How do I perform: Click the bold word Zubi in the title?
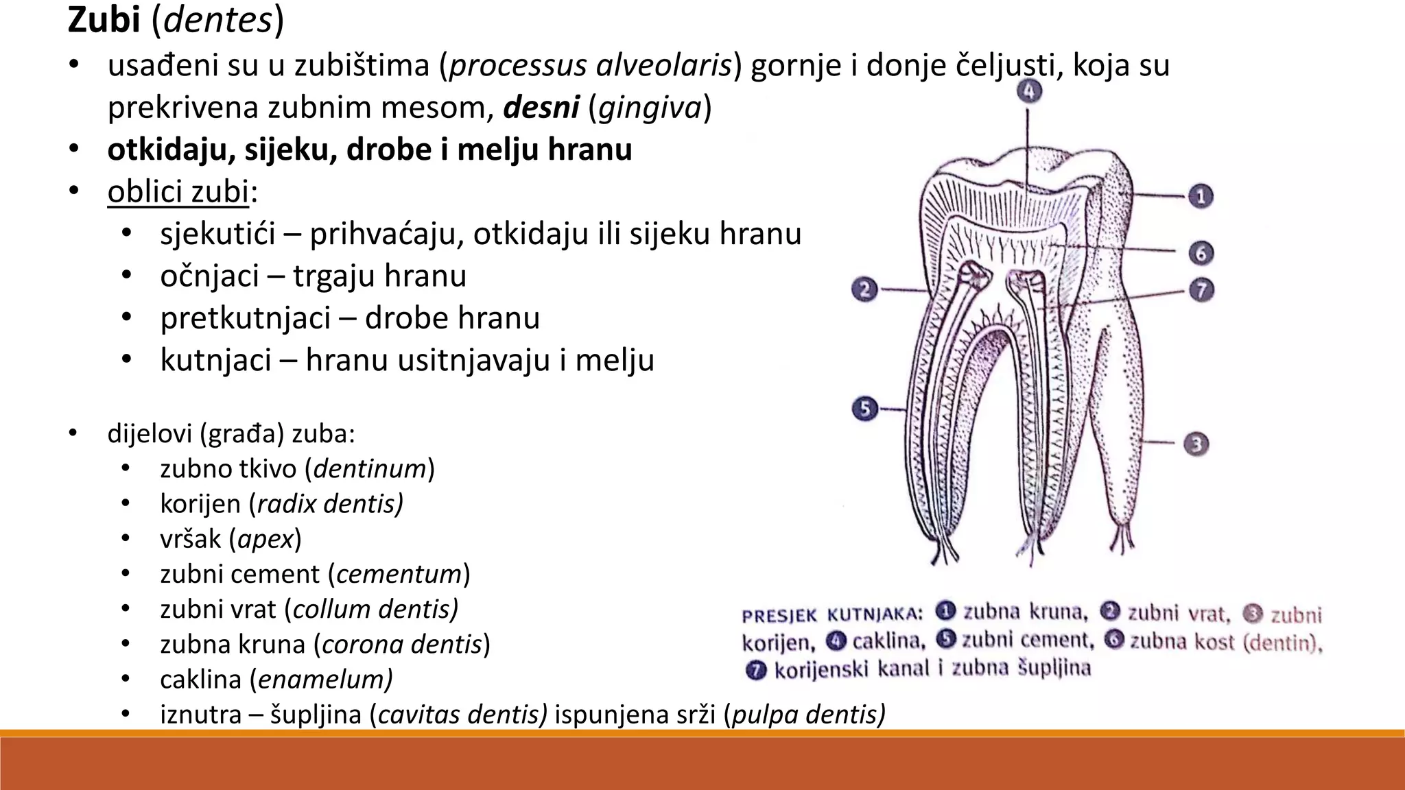[104, 20]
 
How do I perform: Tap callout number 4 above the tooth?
[1028, 91]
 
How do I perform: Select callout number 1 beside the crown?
[1201, 197]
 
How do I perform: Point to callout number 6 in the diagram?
[1201, 253]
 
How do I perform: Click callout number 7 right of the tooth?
[1201, 290]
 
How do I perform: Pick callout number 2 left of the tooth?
[865, 289]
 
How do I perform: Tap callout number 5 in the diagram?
[865, 409]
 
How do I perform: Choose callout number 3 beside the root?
[1196, 444]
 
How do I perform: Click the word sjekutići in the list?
[217, 234]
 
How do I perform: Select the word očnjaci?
[209, 276]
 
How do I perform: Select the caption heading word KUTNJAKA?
[874, 615]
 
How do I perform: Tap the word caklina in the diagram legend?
[888, 641]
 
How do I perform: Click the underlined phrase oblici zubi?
[178, 191]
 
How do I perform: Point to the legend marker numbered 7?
[755, 670]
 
